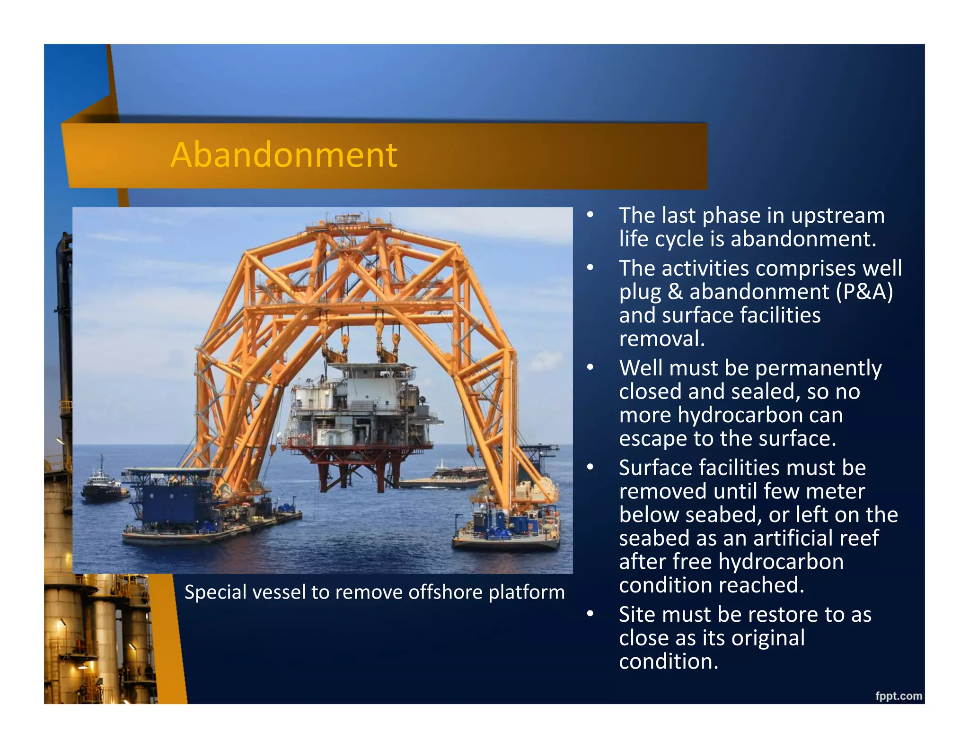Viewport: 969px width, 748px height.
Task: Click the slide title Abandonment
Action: (284, 155)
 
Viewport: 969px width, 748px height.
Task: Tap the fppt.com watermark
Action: (898, 696)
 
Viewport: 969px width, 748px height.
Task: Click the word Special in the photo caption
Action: (215, 592)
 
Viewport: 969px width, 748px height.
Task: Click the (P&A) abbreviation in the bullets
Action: (864, 292)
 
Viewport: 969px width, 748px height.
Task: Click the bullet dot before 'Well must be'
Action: (590, 367)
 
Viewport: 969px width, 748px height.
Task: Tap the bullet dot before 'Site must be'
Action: (590, 614)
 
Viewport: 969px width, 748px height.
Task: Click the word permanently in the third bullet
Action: (818, 368)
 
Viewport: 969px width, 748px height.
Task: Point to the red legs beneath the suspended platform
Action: (360, 473)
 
